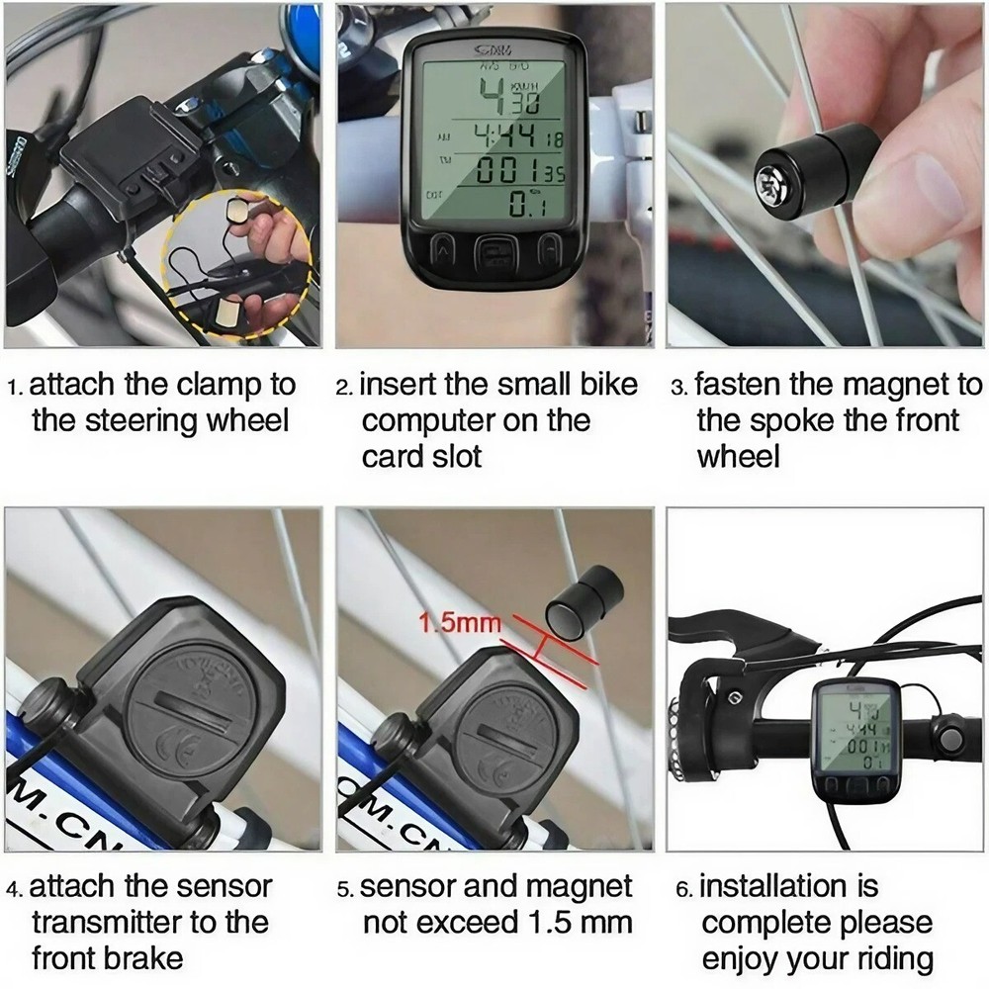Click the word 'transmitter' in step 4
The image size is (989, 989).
[106, 923]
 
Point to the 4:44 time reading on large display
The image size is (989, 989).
[507, 135]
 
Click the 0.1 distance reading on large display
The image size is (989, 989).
[527, 205]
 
